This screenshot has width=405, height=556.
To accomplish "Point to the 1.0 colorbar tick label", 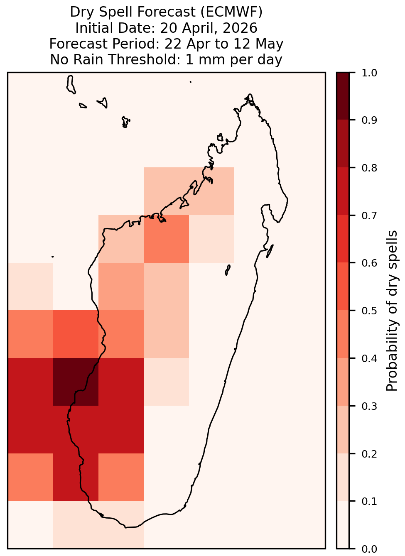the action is pyautogui.click(x=369, y=73).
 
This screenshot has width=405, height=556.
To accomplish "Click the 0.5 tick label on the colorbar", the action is pyautogui.click(x=369, y=311).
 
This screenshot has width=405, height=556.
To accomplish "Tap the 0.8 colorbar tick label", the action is pyautogui.click(x=369, y=168).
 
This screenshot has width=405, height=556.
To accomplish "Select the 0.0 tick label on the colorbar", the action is pyautogui.click(x=369, y=549).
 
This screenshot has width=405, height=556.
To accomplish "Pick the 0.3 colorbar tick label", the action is pyautogui.click(x=369, y=406).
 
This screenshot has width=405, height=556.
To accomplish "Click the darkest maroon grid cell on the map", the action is pyautogui.click(x=76, y=382).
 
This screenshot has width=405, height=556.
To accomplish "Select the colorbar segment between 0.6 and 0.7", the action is pyautogui.click(x=343, y=239).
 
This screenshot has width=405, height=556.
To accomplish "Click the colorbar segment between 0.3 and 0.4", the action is pyautogui.click(x=343, y=382).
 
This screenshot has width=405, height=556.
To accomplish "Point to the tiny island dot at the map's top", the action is pyautogui.click(x=191, y=82).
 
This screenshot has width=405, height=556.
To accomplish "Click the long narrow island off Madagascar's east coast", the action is pyautogui.click(x=270, y=251).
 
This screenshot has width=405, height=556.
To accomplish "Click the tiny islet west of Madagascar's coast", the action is pyautogui.click(x=52, y=257).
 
